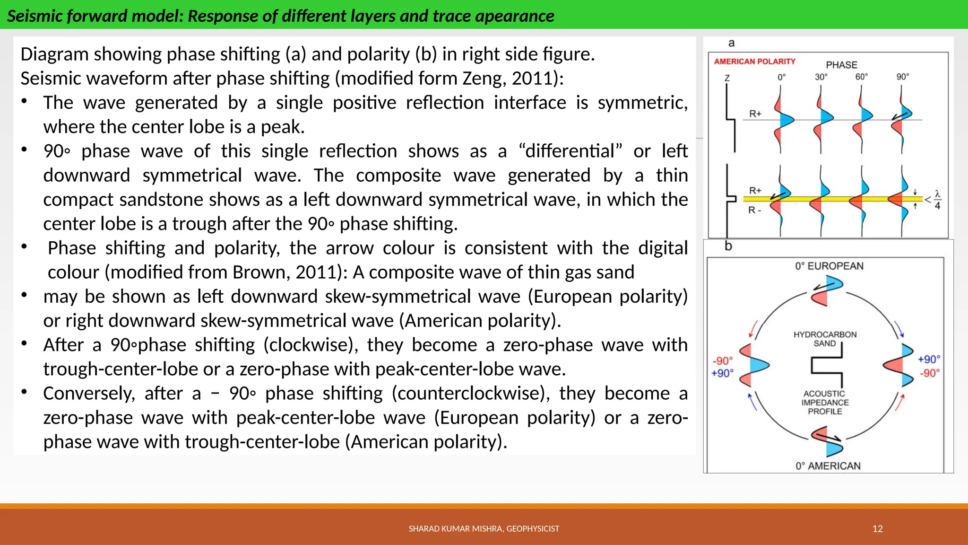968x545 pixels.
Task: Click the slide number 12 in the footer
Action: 877,528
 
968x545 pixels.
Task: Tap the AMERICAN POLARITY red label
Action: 754,62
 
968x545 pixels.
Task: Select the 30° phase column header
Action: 821,77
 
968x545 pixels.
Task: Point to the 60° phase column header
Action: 861,77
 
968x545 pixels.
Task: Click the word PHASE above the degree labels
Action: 841,65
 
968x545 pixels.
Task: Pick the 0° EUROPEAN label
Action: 829,266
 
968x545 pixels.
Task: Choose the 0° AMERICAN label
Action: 828,466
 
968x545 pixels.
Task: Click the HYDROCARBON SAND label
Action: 825,339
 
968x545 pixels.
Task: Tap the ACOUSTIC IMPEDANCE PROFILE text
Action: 825,402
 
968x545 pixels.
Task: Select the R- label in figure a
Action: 754,210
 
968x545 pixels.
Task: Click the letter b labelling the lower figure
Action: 728,246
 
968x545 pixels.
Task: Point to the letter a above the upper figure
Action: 731,43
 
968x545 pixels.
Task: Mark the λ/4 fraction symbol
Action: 937,200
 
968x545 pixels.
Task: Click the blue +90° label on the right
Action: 929,359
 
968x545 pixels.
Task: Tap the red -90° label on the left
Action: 722,361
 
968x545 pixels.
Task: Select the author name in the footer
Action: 484,528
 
